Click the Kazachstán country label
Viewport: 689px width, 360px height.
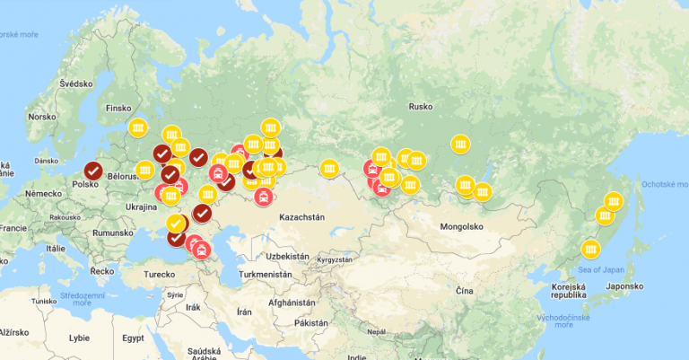tap(301, 217)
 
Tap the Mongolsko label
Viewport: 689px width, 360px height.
tap(462, 227)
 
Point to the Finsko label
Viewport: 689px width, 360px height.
tap(118, 109)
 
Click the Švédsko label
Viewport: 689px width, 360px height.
tap(75, 83)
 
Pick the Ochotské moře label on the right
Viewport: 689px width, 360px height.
tap(663, 183)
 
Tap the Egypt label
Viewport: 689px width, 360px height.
tap(134, 338)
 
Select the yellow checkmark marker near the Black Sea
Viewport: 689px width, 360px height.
tap(176, 222)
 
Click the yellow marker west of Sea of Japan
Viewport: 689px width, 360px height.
tap(589, 248)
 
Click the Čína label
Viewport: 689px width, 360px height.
tap(463, 292)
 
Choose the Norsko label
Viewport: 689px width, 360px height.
tap(41, 117)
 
